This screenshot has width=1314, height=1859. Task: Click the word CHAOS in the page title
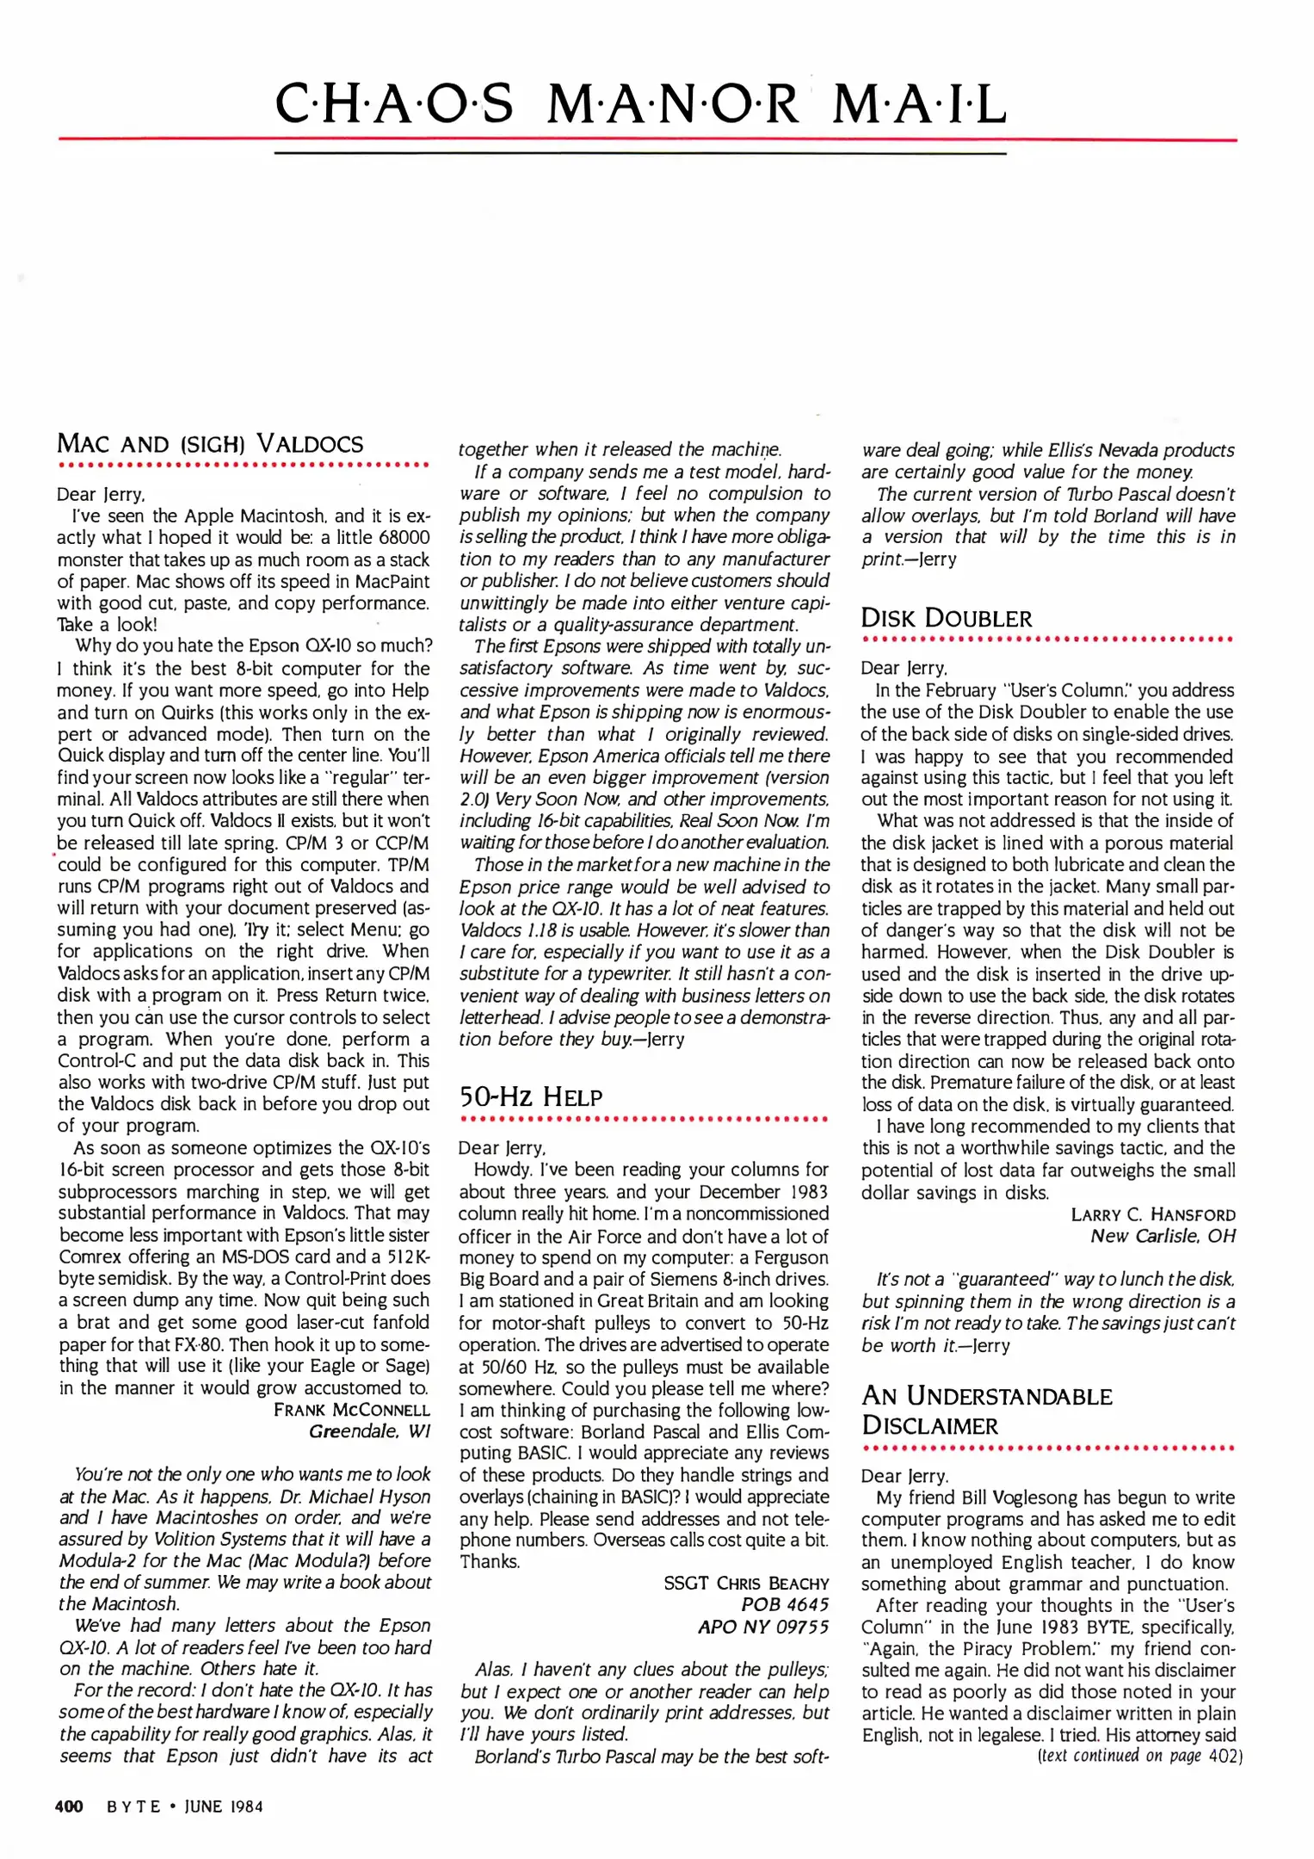[x=394, y=104]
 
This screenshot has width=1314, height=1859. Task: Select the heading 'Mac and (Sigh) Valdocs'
[x=210, y=444]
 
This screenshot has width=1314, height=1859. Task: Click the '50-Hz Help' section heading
[x=530, y=1096]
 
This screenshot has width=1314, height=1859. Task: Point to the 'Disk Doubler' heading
[x=946, y=618]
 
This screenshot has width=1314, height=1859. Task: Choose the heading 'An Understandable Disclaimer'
[x=986, y=1411]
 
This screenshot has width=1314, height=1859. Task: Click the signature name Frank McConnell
[x=351, y=1410]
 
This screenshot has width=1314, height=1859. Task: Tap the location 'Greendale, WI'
[x=369, y=1431]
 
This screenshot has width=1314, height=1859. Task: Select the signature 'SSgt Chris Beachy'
[x=746, y=1584]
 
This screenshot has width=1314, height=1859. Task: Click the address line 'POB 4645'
[x=785, y=1605]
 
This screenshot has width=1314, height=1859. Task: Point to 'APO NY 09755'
[x=763, y=1627]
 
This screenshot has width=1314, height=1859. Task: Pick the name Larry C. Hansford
[x=1152, y=1214]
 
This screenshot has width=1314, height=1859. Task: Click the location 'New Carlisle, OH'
[x=1163, y=1236]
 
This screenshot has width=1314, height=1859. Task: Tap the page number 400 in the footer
[x=69, y=1807]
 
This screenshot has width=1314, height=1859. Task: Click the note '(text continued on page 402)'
[x=1139, y=1756]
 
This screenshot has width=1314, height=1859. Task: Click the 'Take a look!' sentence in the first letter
[x=108, y=625]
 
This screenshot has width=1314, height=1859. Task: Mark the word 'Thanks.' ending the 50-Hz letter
[x=490, y=1561]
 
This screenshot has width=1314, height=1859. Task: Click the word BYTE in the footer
[x=133, y=1807]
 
